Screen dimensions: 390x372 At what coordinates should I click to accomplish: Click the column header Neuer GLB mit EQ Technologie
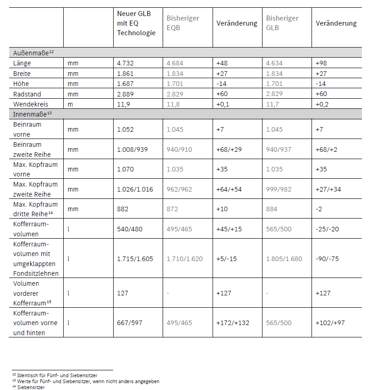[x=136, y=23]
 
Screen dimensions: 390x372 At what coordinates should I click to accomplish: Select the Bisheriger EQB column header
[x=182, y=23]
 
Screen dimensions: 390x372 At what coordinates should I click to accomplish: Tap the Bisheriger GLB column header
[x=282, y=23]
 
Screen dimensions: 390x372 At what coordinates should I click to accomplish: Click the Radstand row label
[x=28, y=94]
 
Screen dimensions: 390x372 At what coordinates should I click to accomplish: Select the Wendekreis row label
[x=31, y=104]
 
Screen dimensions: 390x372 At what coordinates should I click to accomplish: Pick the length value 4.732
[x=126, y=63]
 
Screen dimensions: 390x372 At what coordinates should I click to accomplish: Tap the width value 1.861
[x=126, y=74]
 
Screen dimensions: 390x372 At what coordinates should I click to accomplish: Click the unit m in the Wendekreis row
[x=70, y=104]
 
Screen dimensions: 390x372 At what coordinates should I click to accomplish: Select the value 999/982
[x=279, y=189]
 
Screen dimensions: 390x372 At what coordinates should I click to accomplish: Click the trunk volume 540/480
[x=130, y=229]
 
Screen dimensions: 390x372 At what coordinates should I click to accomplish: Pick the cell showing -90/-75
[x=327, y=259]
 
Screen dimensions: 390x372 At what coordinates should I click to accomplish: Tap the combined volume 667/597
[x=130, y=323]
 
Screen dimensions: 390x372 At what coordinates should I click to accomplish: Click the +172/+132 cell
[x=233, y=323]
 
